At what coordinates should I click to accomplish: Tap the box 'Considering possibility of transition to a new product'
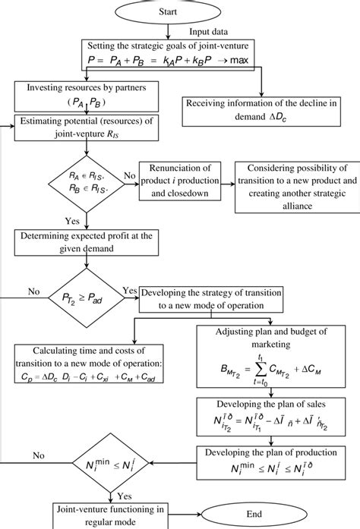coord(292,186)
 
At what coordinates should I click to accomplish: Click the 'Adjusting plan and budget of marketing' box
coord(270,360)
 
